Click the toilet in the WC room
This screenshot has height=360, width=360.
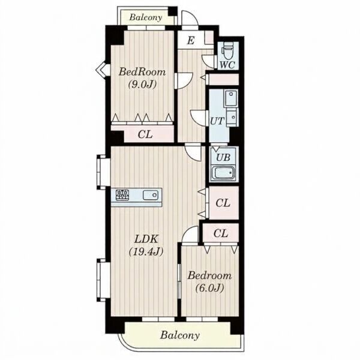pyautogui.click(x=227, y=52)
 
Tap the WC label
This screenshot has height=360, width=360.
pyautogui.click(x=227, y=65)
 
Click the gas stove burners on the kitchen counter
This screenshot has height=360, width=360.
pyautogui.click(x=122, y=195)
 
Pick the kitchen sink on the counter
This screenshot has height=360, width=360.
pyautogui.click(x=151, y=195)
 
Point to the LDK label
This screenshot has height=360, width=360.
pyautogui.click(x=146, y=239)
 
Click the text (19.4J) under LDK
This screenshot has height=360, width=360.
pyautogui.click(x=146, y=252)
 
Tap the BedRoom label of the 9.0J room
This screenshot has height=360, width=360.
pyautogui.click(x=142, y=72)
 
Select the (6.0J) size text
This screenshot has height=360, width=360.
pyautogui.click(x=209, y=288)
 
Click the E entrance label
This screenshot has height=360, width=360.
pyautogui.click(x=191, y=41)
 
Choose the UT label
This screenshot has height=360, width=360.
pyautogui.click(x=217, y=121)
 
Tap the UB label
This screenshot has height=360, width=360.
pyautogui.click(x=223, y=157)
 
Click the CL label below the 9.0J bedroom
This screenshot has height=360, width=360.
pyautogui.click(x=145, y=134)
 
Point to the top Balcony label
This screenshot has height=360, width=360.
pyautogui.click(x=146, y=17)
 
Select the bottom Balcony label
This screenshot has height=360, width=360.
pyautogui.click(x=180, y=335)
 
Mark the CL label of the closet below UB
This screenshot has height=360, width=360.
pyautogui.click(x=223, y=203)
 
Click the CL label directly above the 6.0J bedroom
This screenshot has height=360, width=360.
pyautogui.click(x=221, y=233)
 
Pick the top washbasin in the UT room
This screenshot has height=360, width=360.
pyautogui.click(x=231, y=98)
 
